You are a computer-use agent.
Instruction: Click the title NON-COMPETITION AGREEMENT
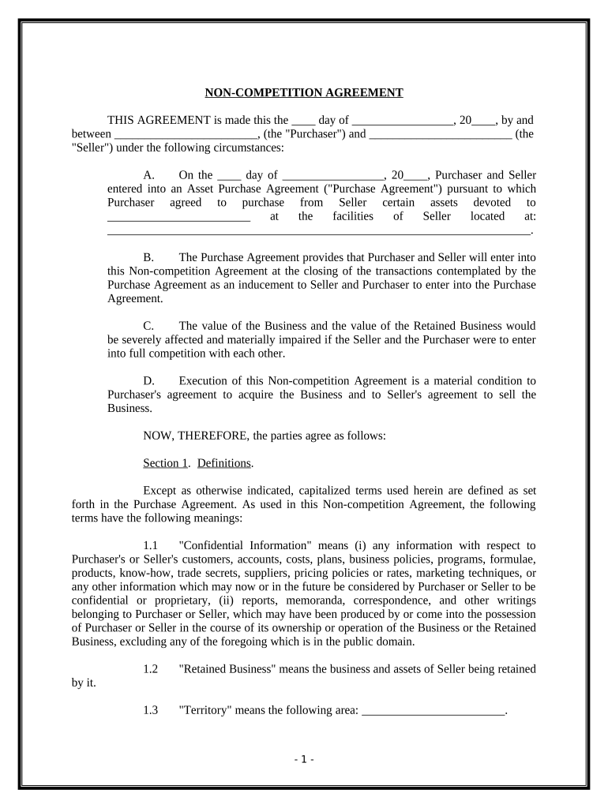point(304,93)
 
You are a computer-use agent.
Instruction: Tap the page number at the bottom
point(304,759)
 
